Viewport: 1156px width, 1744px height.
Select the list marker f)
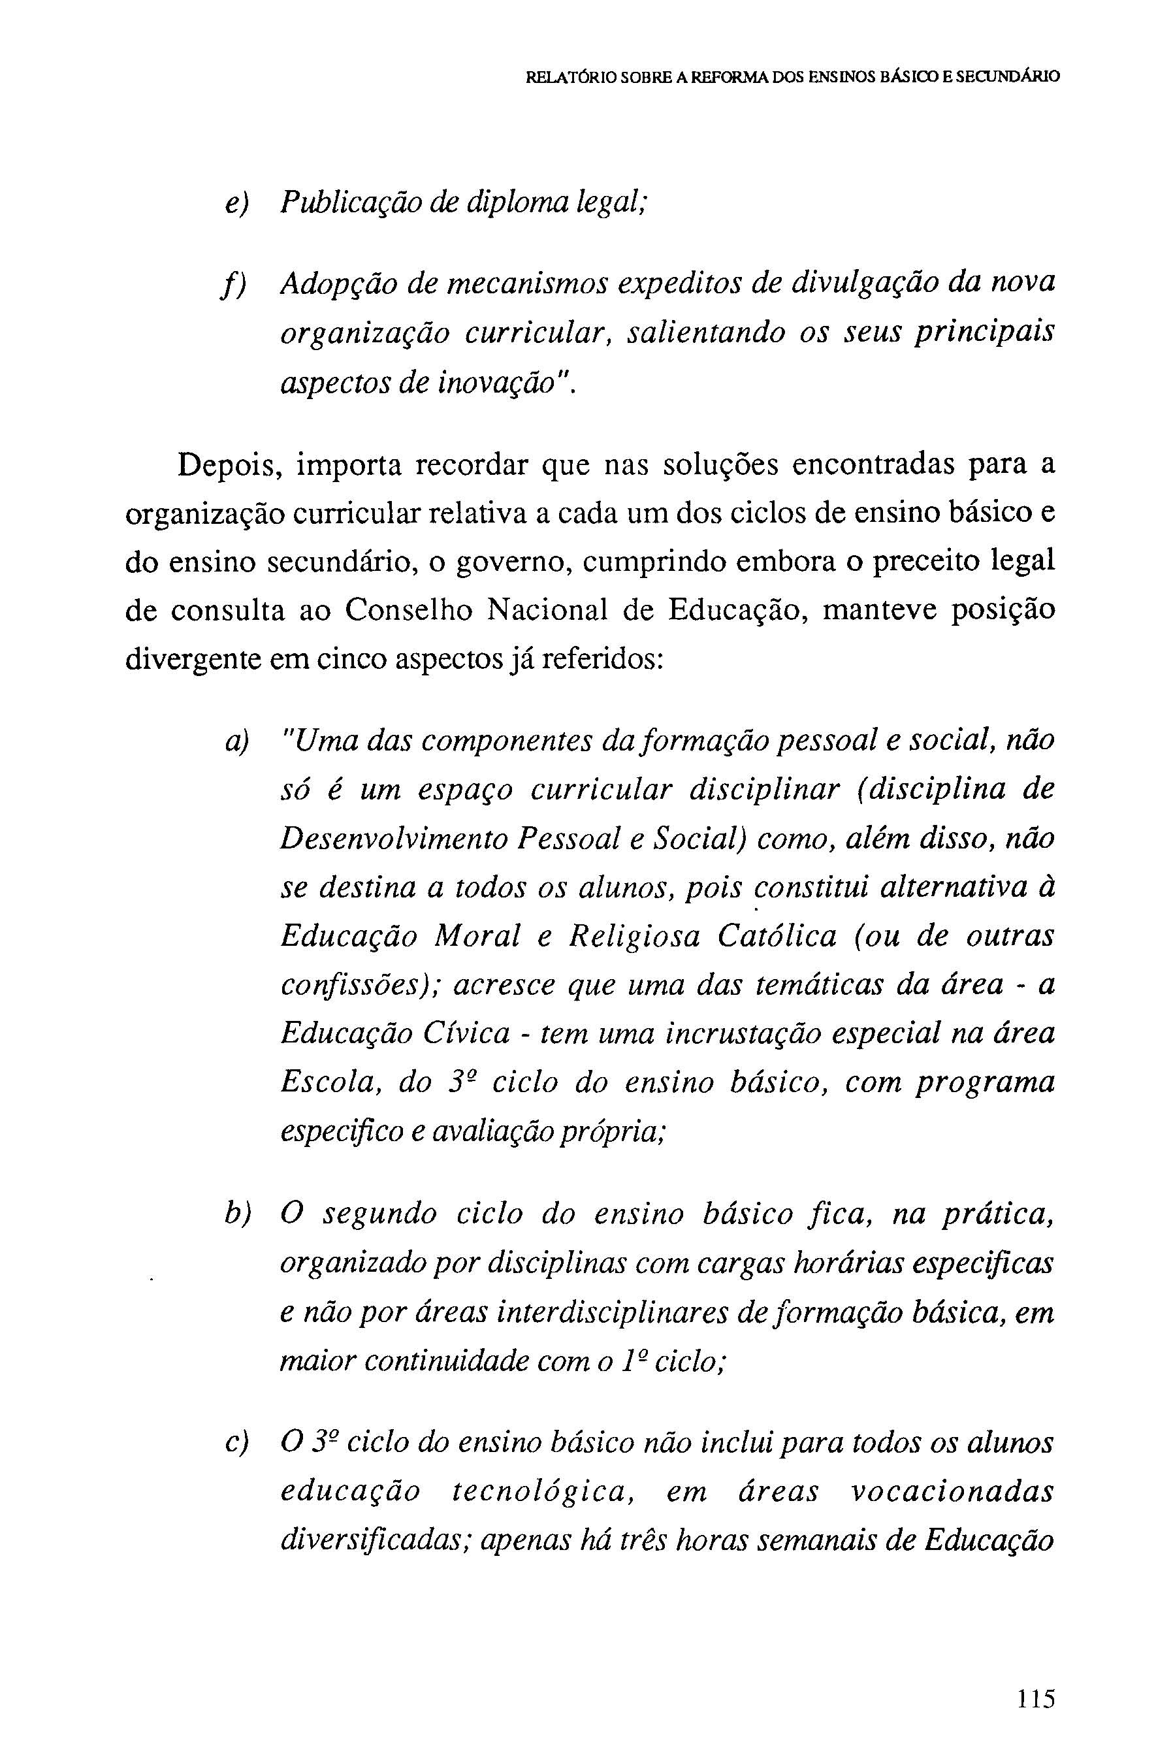coord(235,285)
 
